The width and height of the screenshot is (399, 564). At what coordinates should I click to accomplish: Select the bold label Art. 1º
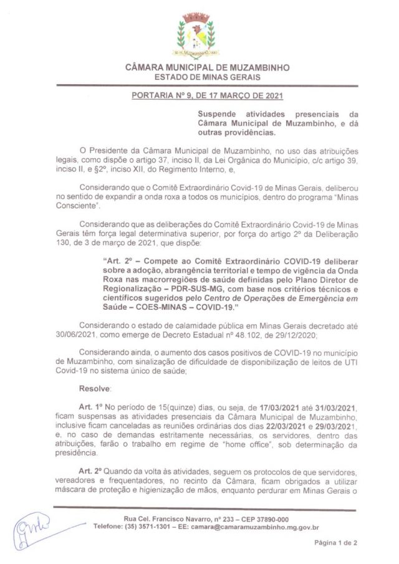pyautogui.click(x=90, y=406)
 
